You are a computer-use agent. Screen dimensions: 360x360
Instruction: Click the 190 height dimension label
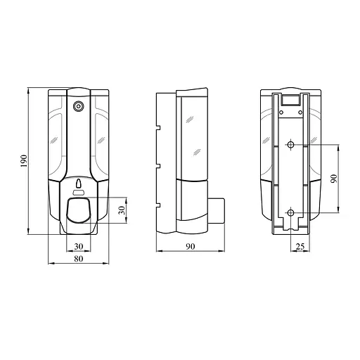tap(23, 161)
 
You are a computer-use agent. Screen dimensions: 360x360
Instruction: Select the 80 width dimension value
tap(78, 259)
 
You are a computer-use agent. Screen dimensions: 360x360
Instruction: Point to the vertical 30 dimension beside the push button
tap(120, 210)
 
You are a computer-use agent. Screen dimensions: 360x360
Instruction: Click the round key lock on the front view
tap(78, 106)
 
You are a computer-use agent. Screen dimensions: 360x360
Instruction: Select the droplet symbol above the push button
tap(78, 184)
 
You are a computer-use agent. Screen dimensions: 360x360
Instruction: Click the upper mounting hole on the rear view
tap(290, 146)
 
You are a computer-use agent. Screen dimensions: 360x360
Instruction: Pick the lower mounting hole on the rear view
tap(290, 212)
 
